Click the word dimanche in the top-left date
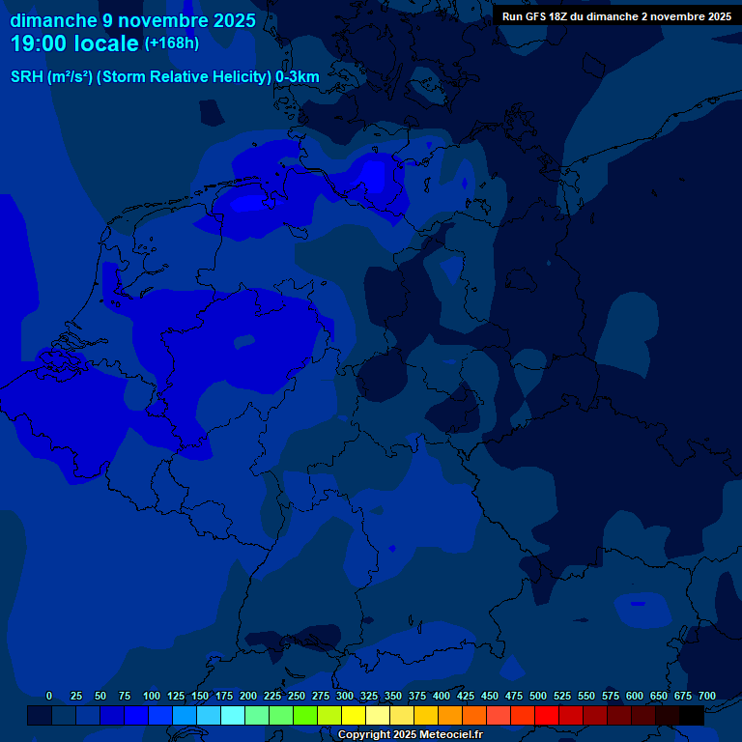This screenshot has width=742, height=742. [x=54, y=20]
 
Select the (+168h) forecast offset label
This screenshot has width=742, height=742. [x=172, y=43]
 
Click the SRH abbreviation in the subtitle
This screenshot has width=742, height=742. [x=27, y=77]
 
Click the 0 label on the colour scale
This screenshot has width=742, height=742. [x=49, y=696]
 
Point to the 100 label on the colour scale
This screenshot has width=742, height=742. [x=152, y=696]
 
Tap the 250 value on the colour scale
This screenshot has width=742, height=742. [x=297, y=696]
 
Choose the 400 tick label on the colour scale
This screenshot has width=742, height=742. [x=442, y=696]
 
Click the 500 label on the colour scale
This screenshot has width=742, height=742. [x=538, y=696]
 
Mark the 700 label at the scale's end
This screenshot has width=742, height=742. [x=707, y=696]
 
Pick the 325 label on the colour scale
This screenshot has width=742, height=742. [x=369, y=696]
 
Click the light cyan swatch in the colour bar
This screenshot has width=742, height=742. [x=232, y=716]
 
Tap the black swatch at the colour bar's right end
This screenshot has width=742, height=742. [x=691, y=716]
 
